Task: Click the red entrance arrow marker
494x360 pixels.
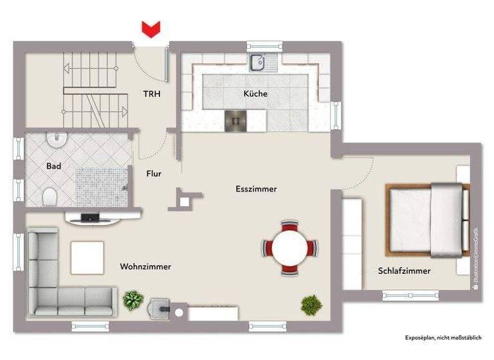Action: tap(151, 29)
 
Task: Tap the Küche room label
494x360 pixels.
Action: tap(255, 94)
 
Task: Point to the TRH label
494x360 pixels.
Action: tap(152, 94)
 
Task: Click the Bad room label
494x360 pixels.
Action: tap(53, 166)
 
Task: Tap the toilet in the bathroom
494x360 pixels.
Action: tap(50, 195)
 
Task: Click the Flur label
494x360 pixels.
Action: tap(154, 174)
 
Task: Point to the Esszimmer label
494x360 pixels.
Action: tap(256, 189)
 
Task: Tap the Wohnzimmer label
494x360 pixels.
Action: tap(145, 266)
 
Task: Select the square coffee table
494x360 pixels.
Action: tap(87, 257)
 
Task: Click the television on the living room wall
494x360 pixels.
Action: tap(92, 217)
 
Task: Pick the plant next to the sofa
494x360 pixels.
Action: tap(133, 300)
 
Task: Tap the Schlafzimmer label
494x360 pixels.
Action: tap(404, 271)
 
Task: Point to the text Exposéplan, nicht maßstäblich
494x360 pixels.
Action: tap(443, 337)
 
